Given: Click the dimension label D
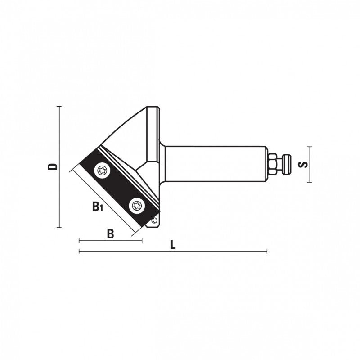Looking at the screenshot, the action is coord(52,167).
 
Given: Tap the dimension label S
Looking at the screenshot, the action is coord(303,164).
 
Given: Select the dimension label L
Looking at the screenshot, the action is coord(173,245).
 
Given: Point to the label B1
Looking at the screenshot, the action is coord(98,206).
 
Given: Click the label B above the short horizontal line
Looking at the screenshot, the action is coord(110,234).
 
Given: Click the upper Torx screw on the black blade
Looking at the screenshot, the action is coord(102,171).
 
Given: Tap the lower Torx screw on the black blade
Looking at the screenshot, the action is coord(137,205).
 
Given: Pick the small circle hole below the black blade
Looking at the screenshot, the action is coord(154,220).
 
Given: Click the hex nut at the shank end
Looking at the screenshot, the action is coord(273,164).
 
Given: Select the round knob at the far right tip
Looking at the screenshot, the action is coord(287,164).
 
